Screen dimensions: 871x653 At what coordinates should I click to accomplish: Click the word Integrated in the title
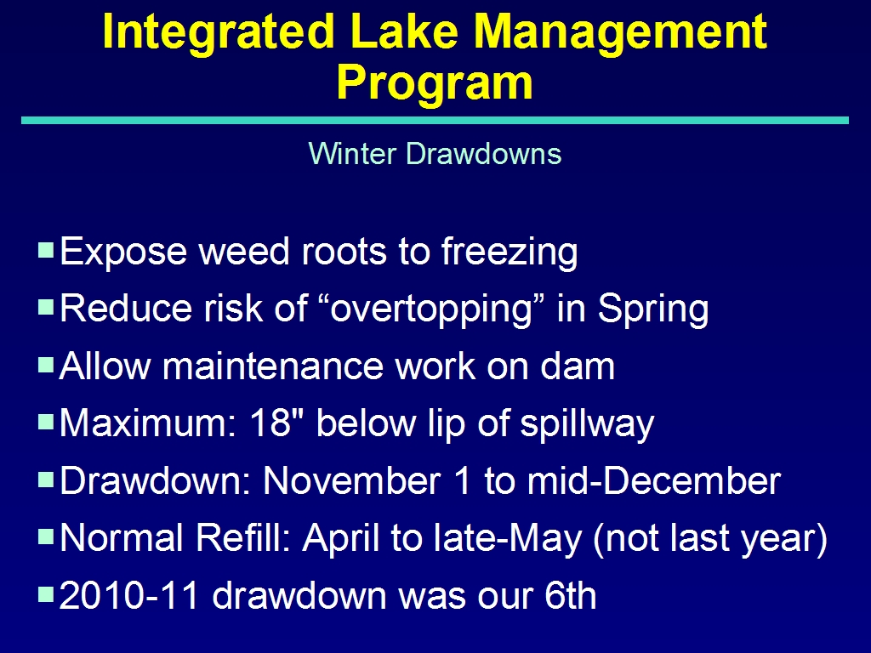(219, 33)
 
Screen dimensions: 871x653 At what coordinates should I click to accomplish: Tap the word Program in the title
(435, 83)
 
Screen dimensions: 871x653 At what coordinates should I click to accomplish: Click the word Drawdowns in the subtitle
(483, 153)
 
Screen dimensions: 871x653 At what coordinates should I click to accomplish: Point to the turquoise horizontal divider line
(435, 121)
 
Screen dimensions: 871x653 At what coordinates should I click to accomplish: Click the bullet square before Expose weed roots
(46, 249)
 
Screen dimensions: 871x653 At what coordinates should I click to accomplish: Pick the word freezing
(510, 252)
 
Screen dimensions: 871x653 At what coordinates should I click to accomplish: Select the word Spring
(652, 309)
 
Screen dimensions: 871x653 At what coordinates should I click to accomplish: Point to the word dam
(578, 366)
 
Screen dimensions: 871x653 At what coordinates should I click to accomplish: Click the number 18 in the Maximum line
(270, 423)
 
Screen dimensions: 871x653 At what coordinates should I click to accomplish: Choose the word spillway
(587, 424)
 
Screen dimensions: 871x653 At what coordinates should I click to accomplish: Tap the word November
(351, 481)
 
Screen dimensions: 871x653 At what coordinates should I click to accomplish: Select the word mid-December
(654, 481)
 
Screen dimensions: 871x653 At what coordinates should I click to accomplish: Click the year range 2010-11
(129, 595)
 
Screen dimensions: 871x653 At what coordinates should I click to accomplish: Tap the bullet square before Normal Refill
(46, 537)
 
